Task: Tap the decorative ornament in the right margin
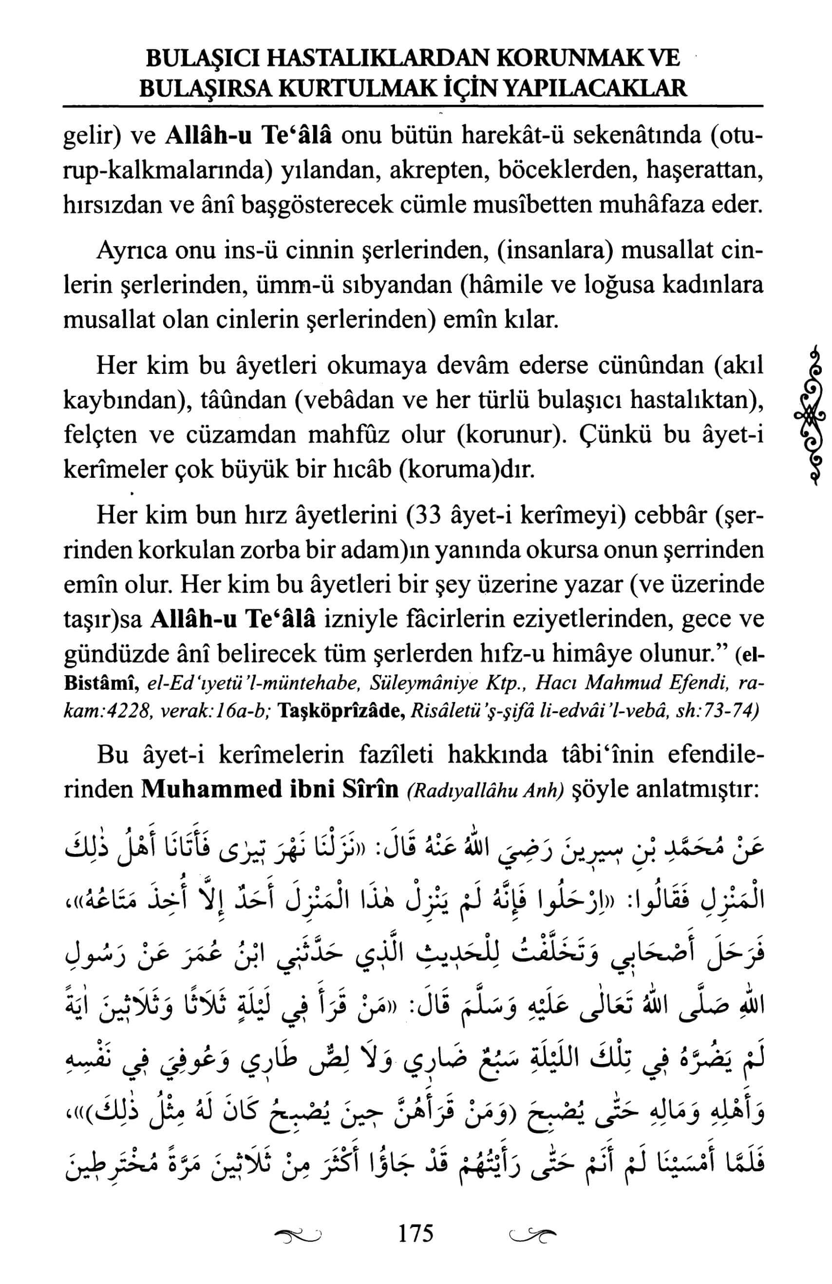tap(806, 414)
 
